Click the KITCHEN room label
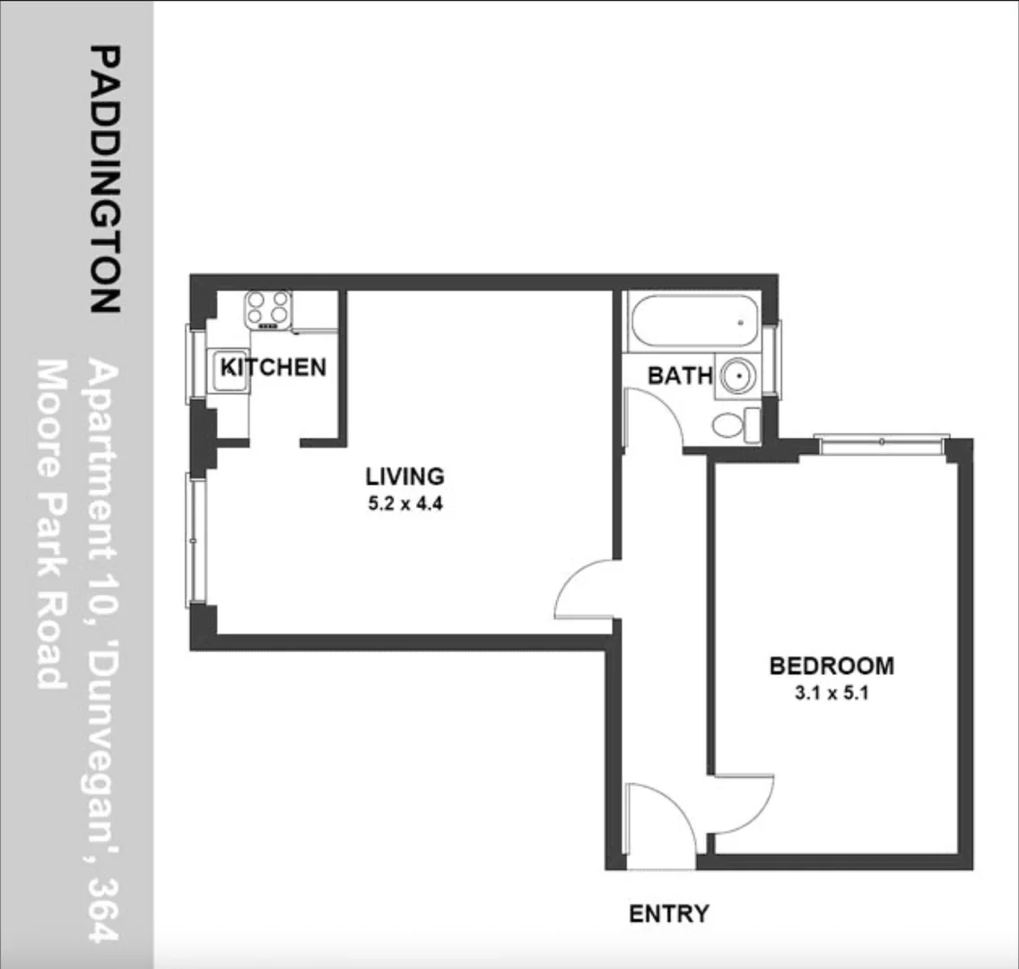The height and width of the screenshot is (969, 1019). click(x=273, y=367)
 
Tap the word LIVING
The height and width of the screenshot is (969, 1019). click(x=405, y=476)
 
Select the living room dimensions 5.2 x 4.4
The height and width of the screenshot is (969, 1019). click(x=405, y=504)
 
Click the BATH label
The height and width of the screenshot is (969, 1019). click(x=680, y=375)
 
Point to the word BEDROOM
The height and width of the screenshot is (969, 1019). click(x=832, y=666)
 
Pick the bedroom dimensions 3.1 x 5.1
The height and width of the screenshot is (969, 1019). click(x=832, y=693)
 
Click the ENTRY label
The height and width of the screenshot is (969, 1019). click(x=668, y=913)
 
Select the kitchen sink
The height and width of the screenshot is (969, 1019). click(x=228, y=371)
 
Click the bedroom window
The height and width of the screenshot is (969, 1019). click(x=882, y=442)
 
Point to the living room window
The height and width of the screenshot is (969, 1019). click(x=196, y=540)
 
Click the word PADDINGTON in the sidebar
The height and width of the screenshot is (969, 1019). click(x=105, y=179)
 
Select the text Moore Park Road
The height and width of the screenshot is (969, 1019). click(x=52, y=525)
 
